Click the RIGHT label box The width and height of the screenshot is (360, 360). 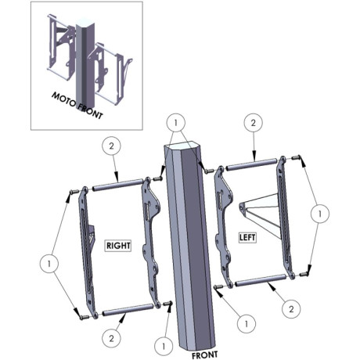tap(118, 246)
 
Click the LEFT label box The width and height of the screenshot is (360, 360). tap(247, 237)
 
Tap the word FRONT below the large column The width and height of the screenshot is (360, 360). tap(205, 355)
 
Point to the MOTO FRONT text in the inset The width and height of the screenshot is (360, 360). tap(77, 106)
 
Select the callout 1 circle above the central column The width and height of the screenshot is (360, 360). tap(176, 122)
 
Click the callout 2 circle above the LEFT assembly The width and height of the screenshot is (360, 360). tap(254, 123)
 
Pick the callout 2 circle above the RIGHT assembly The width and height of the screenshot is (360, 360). tap(112, 146)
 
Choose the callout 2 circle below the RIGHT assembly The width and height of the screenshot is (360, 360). tap(112, 339)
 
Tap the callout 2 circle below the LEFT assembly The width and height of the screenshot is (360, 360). tap(291, 309)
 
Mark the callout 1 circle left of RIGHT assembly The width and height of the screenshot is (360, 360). tap(49, 264)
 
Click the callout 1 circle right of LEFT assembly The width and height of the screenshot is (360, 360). tap(320, 214)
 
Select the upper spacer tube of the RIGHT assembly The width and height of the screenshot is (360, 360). tap(117, 184)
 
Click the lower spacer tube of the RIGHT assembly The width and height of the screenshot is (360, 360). tap(128, 310)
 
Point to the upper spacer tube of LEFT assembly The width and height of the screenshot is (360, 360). tap(251, 164)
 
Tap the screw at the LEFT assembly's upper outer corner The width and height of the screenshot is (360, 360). tap(296, 157)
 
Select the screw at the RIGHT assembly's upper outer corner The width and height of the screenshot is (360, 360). tap(74, 192)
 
